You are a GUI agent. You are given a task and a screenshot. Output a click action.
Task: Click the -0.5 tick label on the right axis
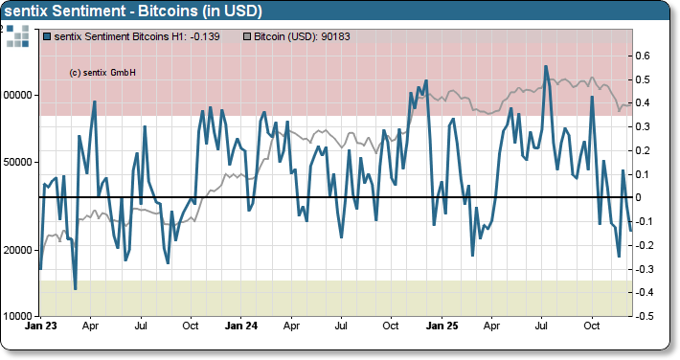[646, 316]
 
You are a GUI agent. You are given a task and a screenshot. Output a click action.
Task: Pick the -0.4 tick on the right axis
[646, 292]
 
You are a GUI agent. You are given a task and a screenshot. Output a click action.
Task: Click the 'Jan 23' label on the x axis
[40, 326]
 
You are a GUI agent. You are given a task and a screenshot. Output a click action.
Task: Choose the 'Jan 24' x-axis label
[240, 326]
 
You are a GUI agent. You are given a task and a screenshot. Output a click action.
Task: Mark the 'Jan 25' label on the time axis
[442, 326]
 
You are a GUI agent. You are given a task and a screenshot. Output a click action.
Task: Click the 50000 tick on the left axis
[19, 162]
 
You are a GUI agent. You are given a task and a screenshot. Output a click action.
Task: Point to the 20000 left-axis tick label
[19, 250]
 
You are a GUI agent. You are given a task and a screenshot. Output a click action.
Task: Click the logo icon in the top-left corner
[17, 37]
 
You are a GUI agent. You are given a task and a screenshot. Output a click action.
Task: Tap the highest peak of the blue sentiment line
[546, 66]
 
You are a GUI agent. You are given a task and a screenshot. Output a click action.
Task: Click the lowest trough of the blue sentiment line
[75, 288]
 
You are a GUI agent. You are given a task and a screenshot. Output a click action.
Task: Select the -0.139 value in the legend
[198, 37]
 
